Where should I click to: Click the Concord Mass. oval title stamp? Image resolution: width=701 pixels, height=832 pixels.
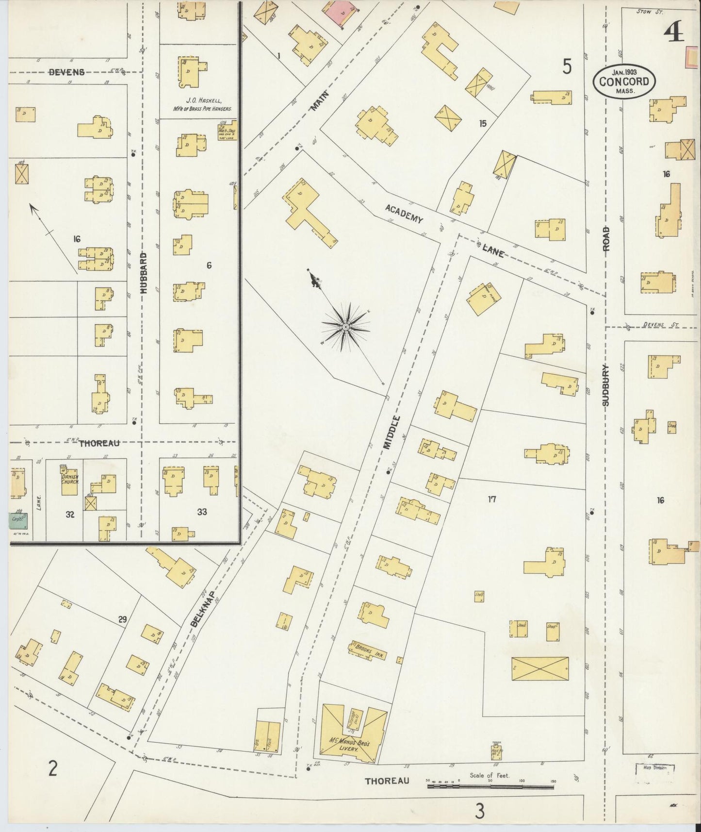click(624, 81)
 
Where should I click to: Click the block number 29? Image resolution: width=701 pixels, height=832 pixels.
click(122, 619)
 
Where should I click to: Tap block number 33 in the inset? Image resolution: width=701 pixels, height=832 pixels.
click(202, 511)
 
